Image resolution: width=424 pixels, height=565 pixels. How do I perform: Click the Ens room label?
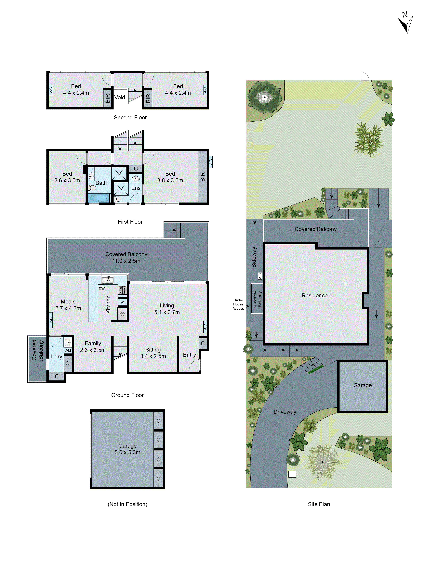click(136, 188)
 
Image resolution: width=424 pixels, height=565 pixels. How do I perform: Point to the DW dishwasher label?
click(102, 289)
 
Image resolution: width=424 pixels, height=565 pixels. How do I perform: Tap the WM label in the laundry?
click(68, 351)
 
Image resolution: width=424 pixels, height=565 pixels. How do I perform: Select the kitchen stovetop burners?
click(122, 290)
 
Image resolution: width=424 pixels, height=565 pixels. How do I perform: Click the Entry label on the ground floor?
click(189, 355)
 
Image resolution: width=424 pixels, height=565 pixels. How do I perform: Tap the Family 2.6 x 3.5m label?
click(93, 347)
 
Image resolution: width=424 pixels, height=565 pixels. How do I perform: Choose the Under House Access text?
click(238, 304)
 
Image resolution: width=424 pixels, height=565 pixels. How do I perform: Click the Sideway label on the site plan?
click(254, 257)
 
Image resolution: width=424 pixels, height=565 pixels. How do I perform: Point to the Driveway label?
click(285, 412)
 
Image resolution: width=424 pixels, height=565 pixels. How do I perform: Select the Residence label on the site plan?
click(314, 296)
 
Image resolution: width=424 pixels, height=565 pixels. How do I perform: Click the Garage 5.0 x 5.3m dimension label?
click(127, 449)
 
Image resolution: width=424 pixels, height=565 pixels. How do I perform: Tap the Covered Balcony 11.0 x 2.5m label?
click(126, 257)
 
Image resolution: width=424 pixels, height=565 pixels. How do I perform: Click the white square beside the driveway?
click(292, 474)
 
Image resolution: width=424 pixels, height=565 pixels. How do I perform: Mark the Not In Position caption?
click(127, 504)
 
